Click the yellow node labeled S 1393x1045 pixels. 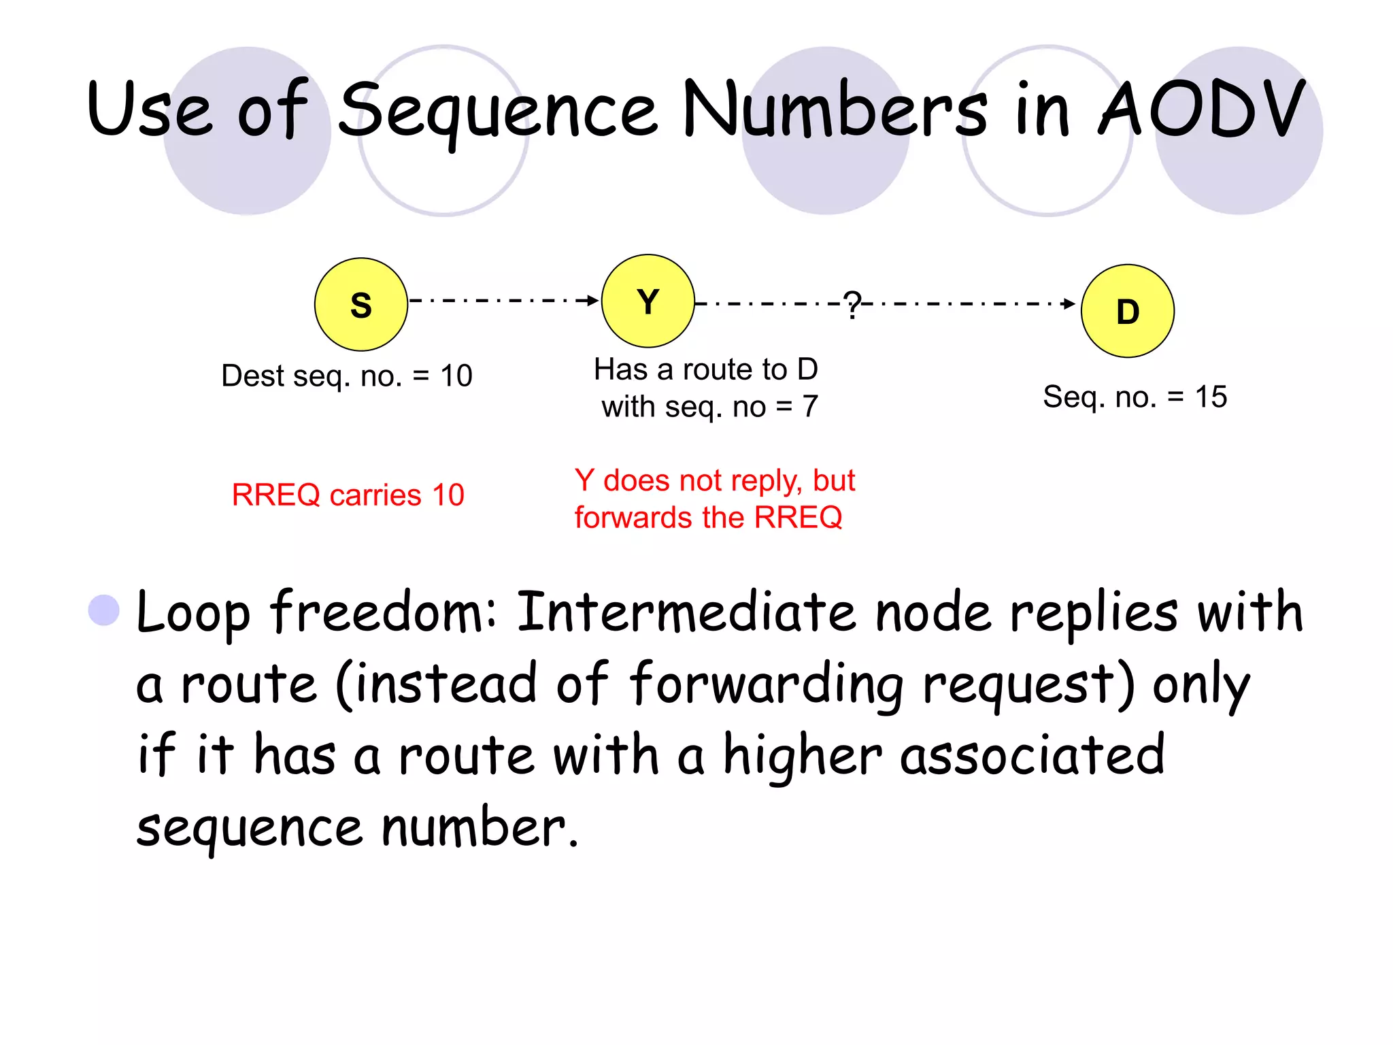pos(360,304)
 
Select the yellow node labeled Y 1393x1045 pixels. pos(648,301)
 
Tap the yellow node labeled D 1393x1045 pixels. pos(1127,311)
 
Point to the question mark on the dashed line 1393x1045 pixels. pos(852,304)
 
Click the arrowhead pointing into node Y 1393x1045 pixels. pos(592,300)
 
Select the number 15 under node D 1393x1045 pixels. pos(1211,397)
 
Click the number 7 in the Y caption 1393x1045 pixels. pos(809,407)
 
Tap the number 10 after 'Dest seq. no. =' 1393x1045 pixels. pos(456,376)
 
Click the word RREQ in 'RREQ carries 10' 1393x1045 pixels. pos(275,495)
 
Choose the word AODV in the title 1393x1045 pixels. pos(1201,109)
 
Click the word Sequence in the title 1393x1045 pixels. pos(498,111)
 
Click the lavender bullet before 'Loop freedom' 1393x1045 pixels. pos(104,610)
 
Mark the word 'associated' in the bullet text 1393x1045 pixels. pos(1032,755)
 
